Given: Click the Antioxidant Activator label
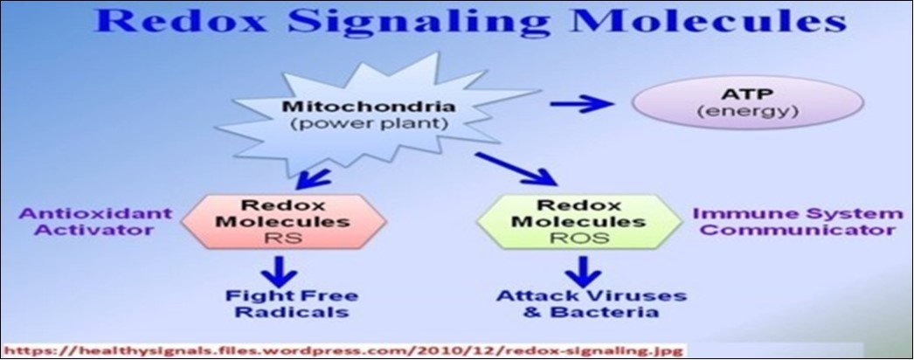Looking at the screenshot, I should [x=85, y=222].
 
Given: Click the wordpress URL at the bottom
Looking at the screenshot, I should [x=345, y=350].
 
